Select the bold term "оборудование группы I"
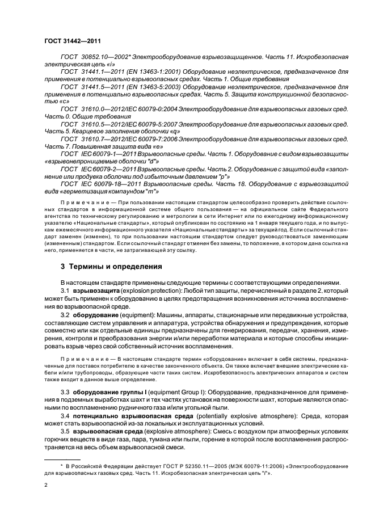click(x=110, y=391)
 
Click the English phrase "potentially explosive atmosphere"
click(x=222, y=416)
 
